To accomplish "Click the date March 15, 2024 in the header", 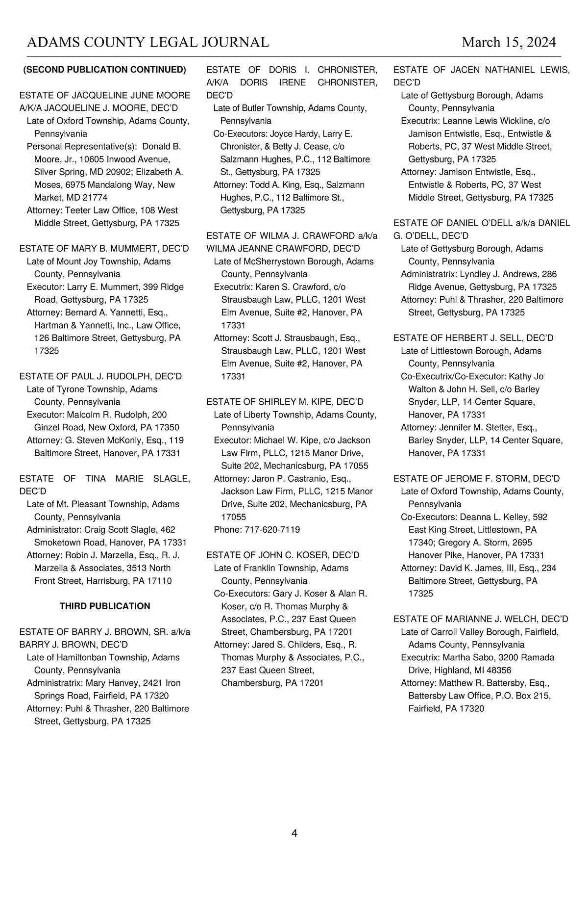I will [509, 42].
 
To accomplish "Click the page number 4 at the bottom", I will [294, 833].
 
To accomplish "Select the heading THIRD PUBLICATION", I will [105, 606].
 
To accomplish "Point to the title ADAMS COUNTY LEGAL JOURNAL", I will [147, 42].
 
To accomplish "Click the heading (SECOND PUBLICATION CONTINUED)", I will [105, 70].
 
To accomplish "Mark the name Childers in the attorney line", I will [303, 645].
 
